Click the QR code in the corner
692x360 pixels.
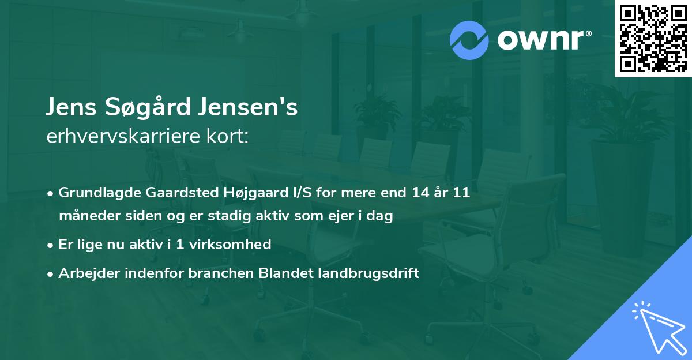pos(653,38)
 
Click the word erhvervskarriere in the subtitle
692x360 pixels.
pos(119,136)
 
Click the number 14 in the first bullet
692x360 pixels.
pos(420,193)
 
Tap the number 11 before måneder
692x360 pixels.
pos(461,193)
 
